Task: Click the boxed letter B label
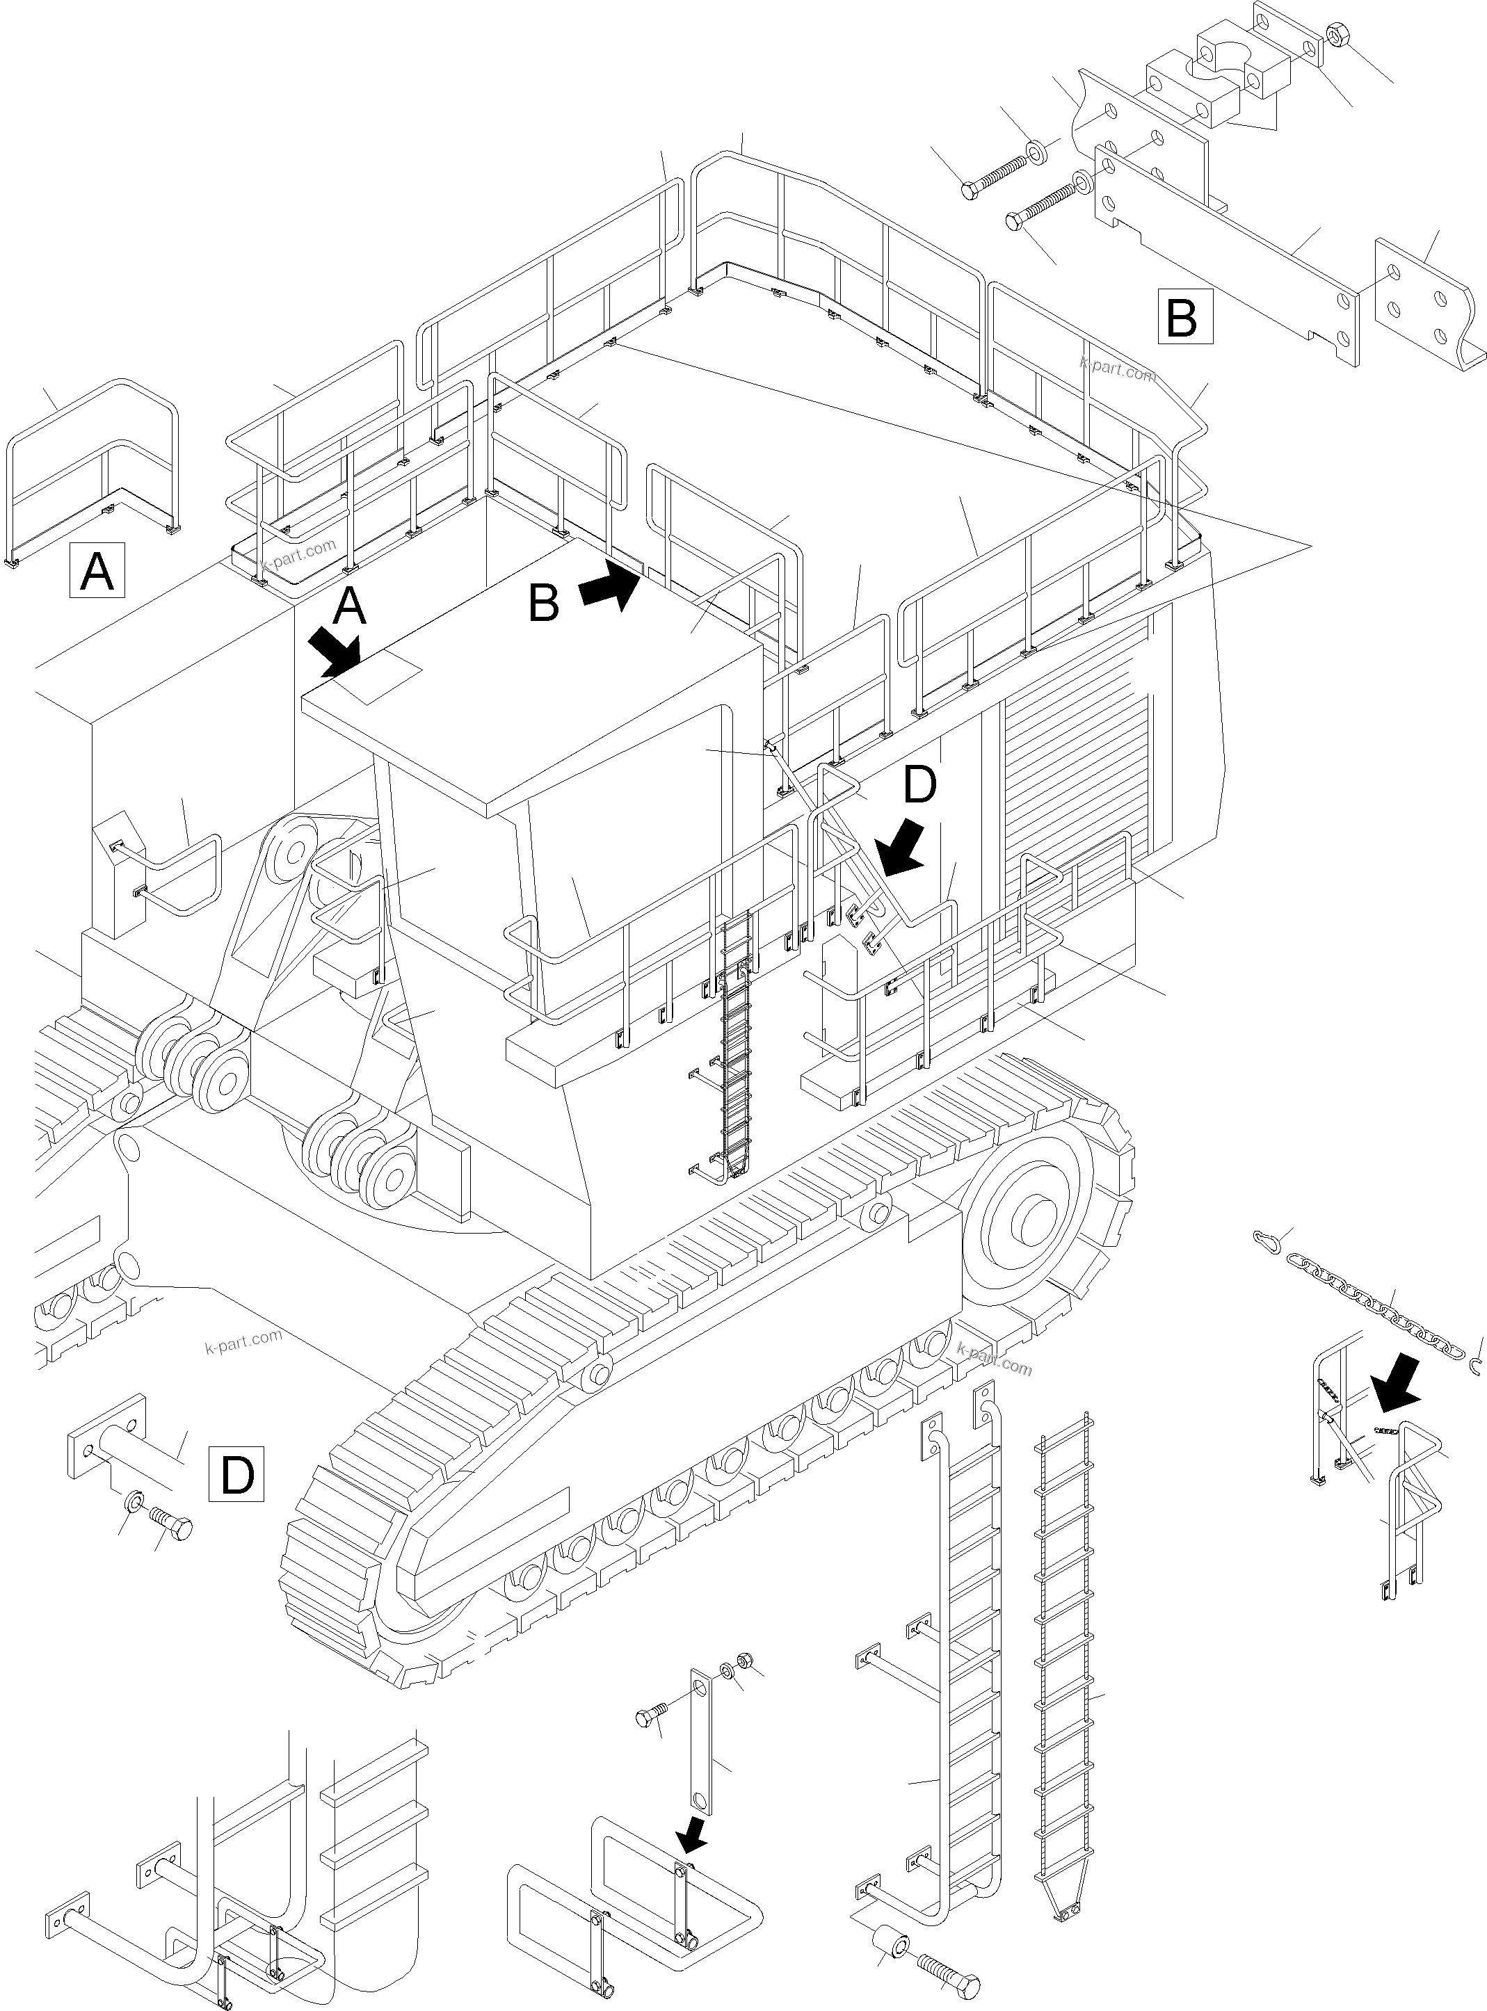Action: pyautogui.click(x=1184, y=316)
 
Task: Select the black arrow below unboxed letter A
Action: pyautogui.click(x=333, y=652)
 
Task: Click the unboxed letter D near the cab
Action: pyautogui.click(x=919, y=784)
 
